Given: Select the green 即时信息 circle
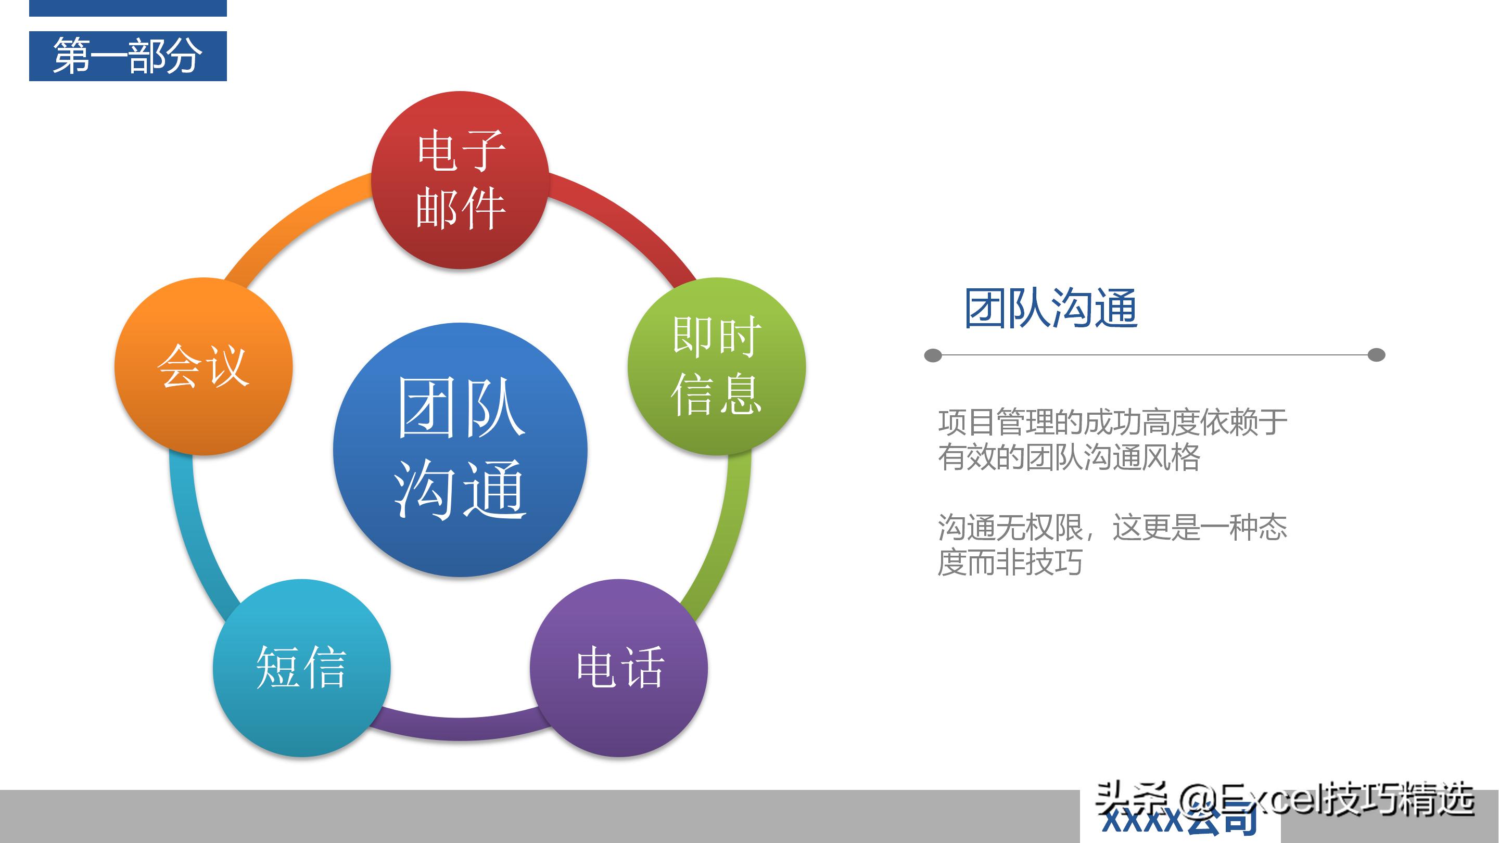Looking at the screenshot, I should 716,366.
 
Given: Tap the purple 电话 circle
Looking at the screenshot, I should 618,667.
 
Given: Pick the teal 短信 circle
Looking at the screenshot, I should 301,667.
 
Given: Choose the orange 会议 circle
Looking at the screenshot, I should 203,366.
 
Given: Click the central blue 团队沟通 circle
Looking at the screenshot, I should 460,449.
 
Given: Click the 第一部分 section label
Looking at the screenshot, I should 128,56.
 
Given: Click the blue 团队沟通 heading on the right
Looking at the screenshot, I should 1050,309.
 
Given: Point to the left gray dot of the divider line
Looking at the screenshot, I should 933,355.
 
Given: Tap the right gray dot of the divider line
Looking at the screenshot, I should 1376,355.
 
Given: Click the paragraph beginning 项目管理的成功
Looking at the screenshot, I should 1111,439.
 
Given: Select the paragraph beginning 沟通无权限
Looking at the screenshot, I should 1111,544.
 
